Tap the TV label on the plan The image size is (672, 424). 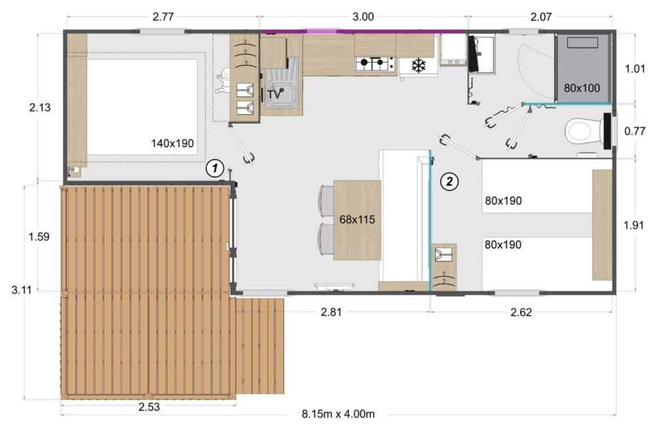pyautogui.click(x=275, y=94)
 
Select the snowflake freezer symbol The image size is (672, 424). pyautogui.click(x=418, y=66)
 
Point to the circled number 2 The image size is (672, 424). pyautogui.click(x=449, y=182)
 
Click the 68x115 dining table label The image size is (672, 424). pyautogui.click(x=357, y=220)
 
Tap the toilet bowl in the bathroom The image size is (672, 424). pyautogui.click(x=582, y=131)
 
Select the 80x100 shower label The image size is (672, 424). pyautogui.click(x=582, y=87)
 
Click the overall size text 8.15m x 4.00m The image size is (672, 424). pyautogui.click(x=339, y=414)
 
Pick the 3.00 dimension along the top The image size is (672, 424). pyautogui.click(x=363, y=17)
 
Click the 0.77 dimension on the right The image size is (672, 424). pyautogui.click(x=636, y=131)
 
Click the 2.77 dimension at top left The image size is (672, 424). pyautogui.click(x=164, y=17)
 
